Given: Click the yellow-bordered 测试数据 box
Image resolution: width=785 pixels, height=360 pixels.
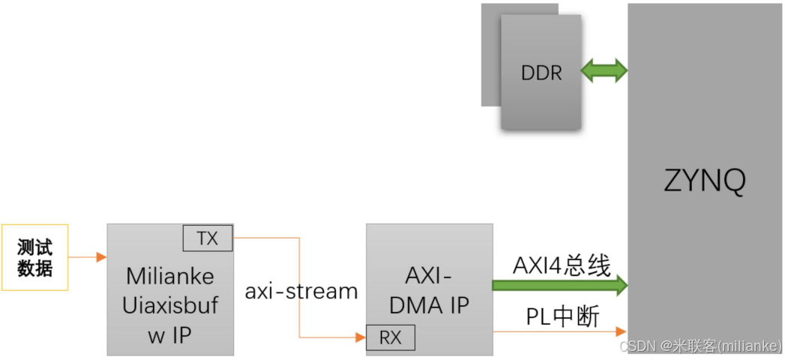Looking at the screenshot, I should [34, 257].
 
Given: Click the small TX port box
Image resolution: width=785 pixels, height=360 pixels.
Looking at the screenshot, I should [208, 238].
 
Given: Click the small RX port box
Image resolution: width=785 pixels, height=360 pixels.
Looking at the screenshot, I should [390, 337].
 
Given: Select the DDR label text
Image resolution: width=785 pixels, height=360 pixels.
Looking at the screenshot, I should [541, 73].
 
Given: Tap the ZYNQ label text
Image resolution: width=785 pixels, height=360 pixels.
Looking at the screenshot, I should [705, 181].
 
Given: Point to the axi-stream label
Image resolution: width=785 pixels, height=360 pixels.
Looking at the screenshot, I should [301, 291].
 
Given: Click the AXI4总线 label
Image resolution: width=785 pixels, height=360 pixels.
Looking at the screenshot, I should [562, 265].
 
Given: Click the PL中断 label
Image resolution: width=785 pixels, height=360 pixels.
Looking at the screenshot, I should [562, 316].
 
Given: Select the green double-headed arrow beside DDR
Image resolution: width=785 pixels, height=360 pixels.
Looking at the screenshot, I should [604, 71].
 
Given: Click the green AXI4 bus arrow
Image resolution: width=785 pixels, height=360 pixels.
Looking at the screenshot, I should [559, 285].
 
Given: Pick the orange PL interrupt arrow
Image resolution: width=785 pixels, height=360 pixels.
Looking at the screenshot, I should [559, 331].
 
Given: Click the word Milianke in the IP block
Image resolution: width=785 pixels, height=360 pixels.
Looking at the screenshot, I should [169, 276].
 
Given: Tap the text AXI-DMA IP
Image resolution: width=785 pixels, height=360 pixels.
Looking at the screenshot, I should [430, 291].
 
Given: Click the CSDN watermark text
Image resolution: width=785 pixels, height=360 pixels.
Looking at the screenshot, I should [700, 346].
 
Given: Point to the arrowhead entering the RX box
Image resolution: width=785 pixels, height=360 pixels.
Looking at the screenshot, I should [361, 338].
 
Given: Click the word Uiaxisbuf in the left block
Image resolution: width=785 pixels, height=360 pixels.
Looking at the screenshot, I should [169, 305].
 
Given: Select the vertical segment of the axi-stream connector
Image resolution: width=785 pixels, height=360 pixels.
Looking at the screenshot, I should [300, 288].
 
